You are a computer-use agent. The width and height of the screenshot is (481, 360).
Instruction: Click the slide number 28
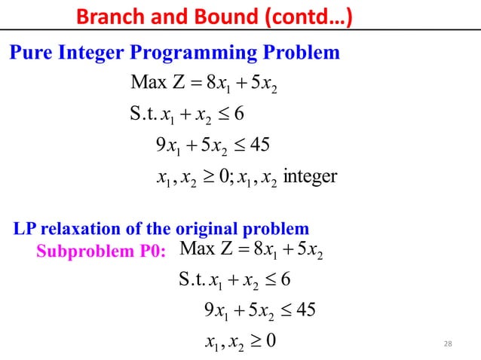click(x=449, y=344)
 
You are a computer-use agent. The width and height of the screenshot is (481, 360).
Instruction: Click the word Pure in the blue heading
click(x=29, y=53)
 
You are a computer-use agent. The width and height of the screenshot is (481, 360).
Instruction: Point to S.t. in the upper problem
click(x=142, y=114)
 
